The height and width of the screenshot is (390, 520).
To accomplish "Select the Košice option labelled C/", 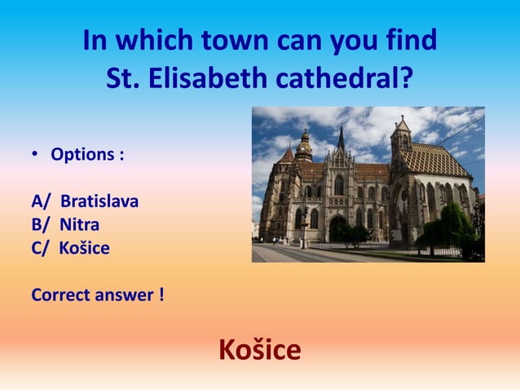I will coord(83,248).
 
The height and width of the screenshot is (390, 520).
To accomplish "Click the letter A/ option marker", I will coord(42,201).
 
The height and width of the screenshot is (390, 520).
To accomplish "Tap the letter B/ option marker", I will coord(42,224).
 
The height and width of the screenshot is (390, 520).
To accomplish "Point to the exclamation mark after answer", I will coord(161,295).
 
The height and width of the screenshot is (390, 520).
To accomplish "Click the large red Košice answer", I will coord(259,350).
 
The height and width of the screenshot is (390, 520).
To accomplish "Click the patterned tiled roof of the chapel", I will coord(436,159).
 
